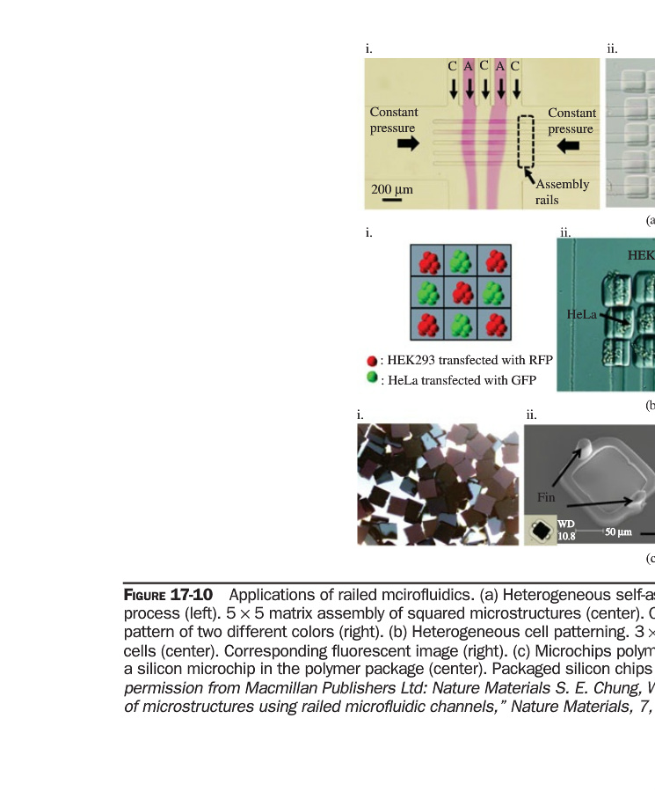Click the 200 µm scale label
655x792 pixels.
click(391, 189)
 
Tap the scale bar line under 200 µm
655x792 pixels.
click(392, 201)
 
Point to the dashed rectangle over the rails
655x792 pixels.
click(526, 143)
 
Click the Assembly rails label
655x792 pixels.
click(562, 192)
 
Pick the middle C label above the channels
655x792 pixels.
click(484, 65)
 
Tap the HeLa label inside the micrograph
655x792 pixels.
click(582, 313)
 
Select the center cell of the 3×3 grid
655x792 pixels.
click(462, 292)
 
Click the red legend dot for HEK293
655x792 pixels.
click(373, 361)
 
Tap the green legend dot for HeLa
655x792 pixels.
click(373, 378)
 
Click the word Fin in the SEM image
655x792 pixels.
click(546, 498)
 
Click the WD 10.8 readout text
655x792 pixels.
click(566, 530)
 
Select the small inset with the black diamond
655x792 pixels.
click(541, 531)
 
